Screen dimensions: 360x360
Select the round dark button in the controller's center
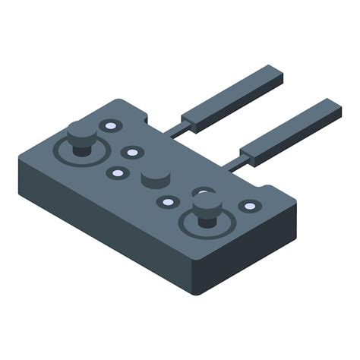click(x=155, y=178)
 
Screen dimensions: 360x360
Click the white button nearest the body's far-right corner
click(x=248, y=206)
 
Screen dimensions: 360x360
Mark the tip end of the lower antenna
click(x=334, y=108)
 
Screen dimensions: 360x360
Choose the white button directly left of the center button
click(x=117, y=172)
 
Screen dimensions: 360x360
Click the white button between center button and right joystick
click(x=167, y=201)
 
